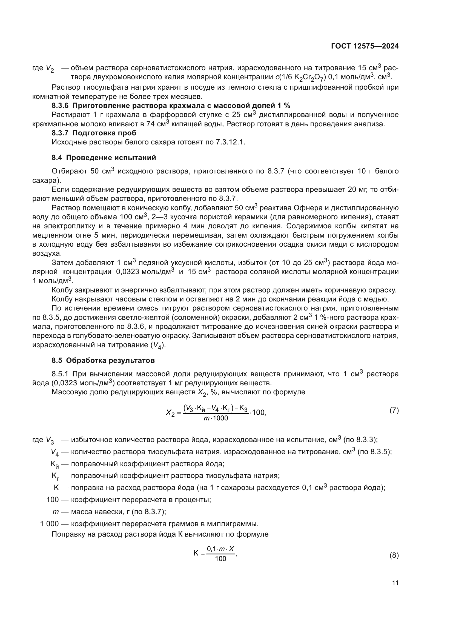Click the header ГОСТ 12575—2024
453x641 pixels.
click(365, 46)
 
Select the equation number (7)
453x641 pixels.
click(394, 411)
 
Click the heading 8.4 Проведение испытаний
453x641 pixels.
click(104, 158)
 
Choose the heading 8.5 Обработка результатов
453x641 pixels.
click(103, 361)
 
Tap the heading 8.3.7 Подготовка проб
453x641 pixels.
click(94, 133)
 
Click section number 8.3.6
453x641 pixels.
click(60, 106)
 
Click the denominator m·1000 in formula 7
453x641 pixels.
click(216, 418)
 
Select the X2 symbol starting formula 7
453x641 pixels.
click(170, 413)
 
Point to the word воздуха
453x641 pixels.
click(47, 253)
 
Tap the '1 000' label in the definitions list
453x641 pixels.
click(49, 524)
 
